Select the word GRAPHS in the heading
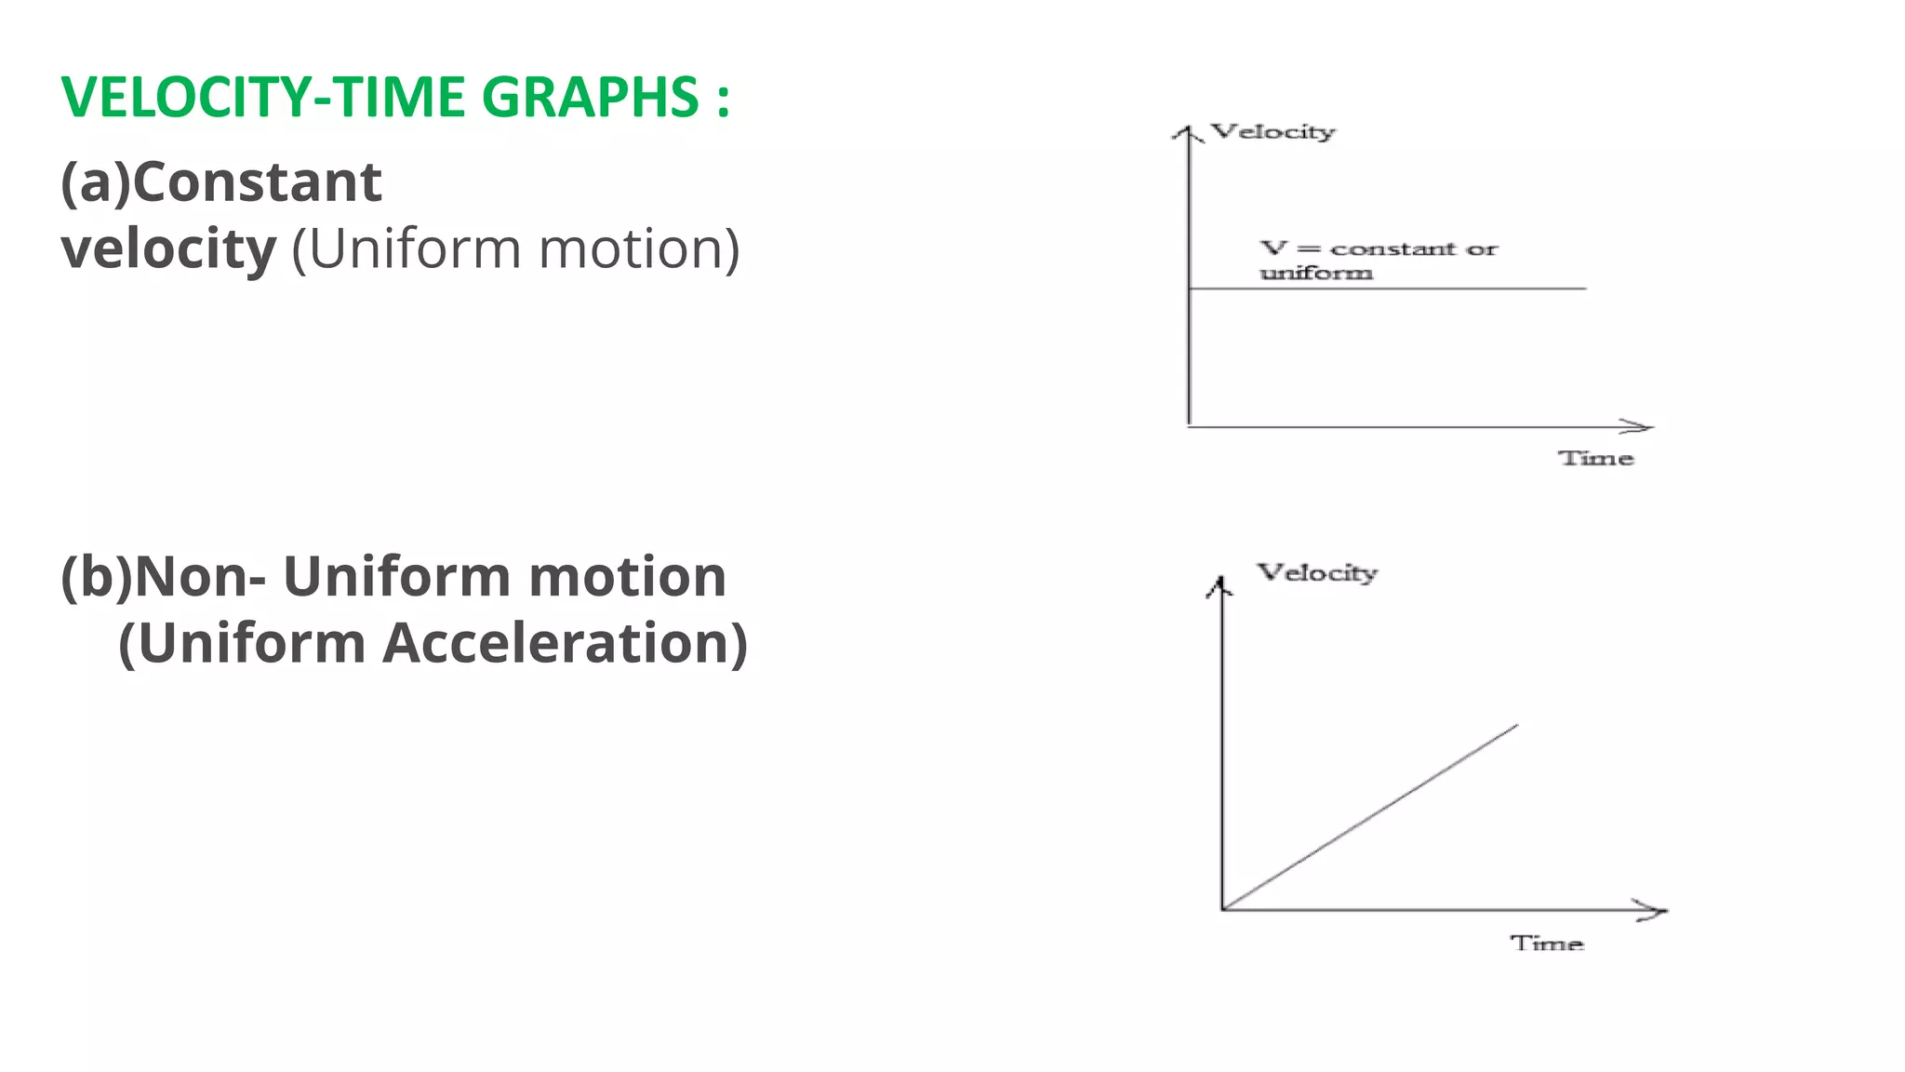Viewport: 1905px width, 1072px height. coord(590,97)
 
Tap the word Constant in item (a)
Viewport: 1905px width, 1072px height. coord(257,181)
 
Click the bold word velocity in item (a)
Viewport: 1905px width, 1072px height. coord(168,249)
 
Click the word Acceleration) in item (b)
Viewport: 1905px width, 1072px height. coord(566,643)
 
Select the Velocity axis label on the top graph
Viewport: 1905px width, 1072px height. coord(1272,132)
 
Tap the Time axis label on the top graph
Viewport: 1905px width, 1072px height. coord(1596,458)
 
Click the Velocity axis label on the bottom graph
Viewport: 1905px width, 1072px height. coord(1317,572)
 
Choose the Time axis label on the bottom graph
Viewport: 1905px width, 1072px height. coord(1546,944)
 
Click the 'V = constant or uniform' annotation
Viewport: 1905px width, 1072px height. coord(1377,260)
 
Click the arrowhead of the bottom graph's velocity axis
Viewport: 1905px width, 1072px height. coord(1220,584)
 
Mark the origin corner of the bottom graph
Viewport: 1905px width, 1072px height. coord(1222,909)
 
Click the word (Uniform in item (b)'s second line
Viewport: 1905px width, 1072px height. coord(242,643)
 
